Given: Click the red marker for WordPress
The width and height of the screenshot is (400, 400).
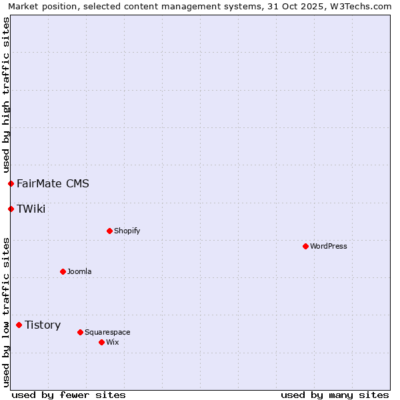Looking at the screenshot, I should pos(305,246).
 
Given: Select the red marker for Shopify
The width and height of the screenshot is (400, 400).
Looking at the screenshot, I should pos(109,231).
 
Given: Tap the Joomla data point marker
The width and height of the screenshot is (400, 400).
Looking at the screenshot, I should pos(63,271).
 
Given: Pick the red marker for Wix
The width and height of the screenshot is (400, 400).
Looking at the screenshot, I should pos(101,342).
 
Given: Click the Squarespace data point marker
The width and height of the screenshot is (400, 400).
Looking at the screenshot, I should pos(80,332).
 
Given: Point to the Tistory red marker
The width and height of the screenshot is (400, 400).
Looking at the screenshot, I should pos(19,325).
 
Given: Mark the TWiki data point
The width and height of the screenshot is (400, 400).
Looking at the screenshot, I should pos(11,209).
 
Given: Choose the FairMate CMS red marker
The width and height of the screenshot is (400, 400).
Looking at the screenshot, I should pos(11,183).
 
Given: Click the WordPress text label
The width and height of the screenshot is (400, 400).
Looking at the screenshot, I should pos(329,246).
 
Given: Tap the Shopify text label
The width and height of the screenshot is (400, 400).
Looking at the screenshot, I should pos(127,231).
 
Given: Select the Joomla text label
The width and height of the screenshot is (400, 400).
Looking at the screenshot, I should pos(79,271).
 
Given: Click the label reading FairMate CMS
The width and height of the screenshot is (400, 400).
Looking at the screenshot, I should pos(53,183).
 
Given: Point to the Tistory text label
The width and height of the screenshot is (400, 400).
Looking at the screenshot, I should pos(43,325).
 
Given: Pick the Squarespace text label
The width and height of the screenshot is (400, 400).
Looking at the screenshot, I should pos(107,332).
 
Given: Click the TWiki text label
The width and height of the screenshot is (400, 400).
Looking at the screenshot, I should pos(31,209).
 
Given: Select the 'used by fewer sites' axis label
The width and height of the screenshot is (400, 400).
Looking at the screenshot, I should pos(69,395).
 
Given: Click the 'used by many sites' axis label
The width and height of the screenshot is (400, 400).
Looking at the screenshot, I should pos(335,395).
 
